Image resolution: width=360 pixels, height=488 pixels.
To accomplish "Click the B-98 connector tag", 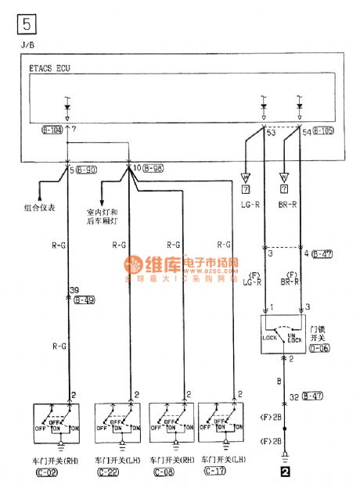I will point(155,169).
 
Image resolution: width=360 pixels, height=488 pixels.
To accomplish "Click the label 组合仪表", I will point(39,209).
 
